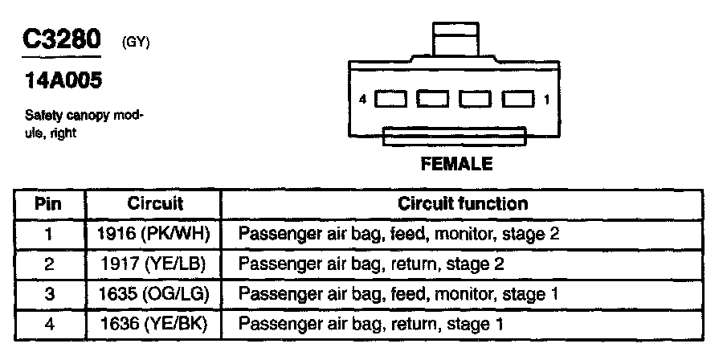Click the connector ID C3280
pos(61,40)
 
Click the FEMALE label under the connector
pos(456,164)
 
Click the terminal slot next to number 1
pos(518,100)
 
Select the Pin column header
pos(49,204)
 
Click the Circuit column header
pos(155,204)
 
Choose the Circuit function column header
pos(463,204)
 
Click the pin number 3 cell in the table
pos(49,295)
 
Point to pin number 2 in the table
pos(49,264)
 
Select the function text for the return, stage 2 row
pos(371,264)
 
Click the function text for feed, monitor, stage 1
pos(398,295)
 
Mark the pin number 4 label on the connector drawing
pos(363,100)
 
